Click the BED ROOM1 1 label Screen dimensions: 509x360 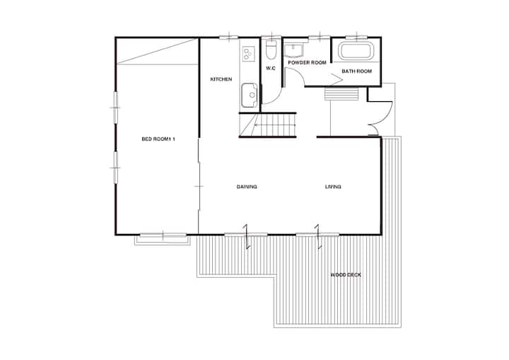[x=158, y=139]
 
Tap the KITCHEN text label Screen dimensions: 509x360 [x=221, y=79]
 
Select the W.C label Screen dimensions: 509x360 [x=271, y=68]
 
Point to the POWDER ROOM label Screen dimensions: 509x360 [x=307, y=62]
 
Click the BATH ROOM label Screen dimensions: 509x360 [x=356, y=71]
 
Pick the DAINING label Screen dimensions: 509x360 [x=247, y=187]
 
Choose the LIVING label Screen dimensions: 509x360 [x=333, y=187]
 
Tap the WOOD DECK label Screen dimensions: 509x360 [x=346, y=275]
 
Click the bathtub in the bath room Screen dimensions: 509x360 [x=356, y=51]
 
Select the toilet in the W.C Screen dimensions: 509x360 [x=270, y=50]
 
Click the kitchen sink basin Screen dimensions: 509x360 [x=250, y=95]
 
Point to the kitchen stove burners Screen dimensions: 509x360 [x=249, y=54]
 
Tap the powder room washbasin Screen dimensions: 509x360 [x=294, y=50]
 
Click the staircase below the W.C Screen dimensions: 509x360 [x=268, y=125]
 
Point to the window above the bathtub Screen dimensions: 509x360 [x=356, y=37]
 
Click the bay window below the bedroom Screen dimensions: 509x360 [x=163, y=239]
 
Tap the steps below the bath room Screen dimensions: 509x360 [x=341, y=94]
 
